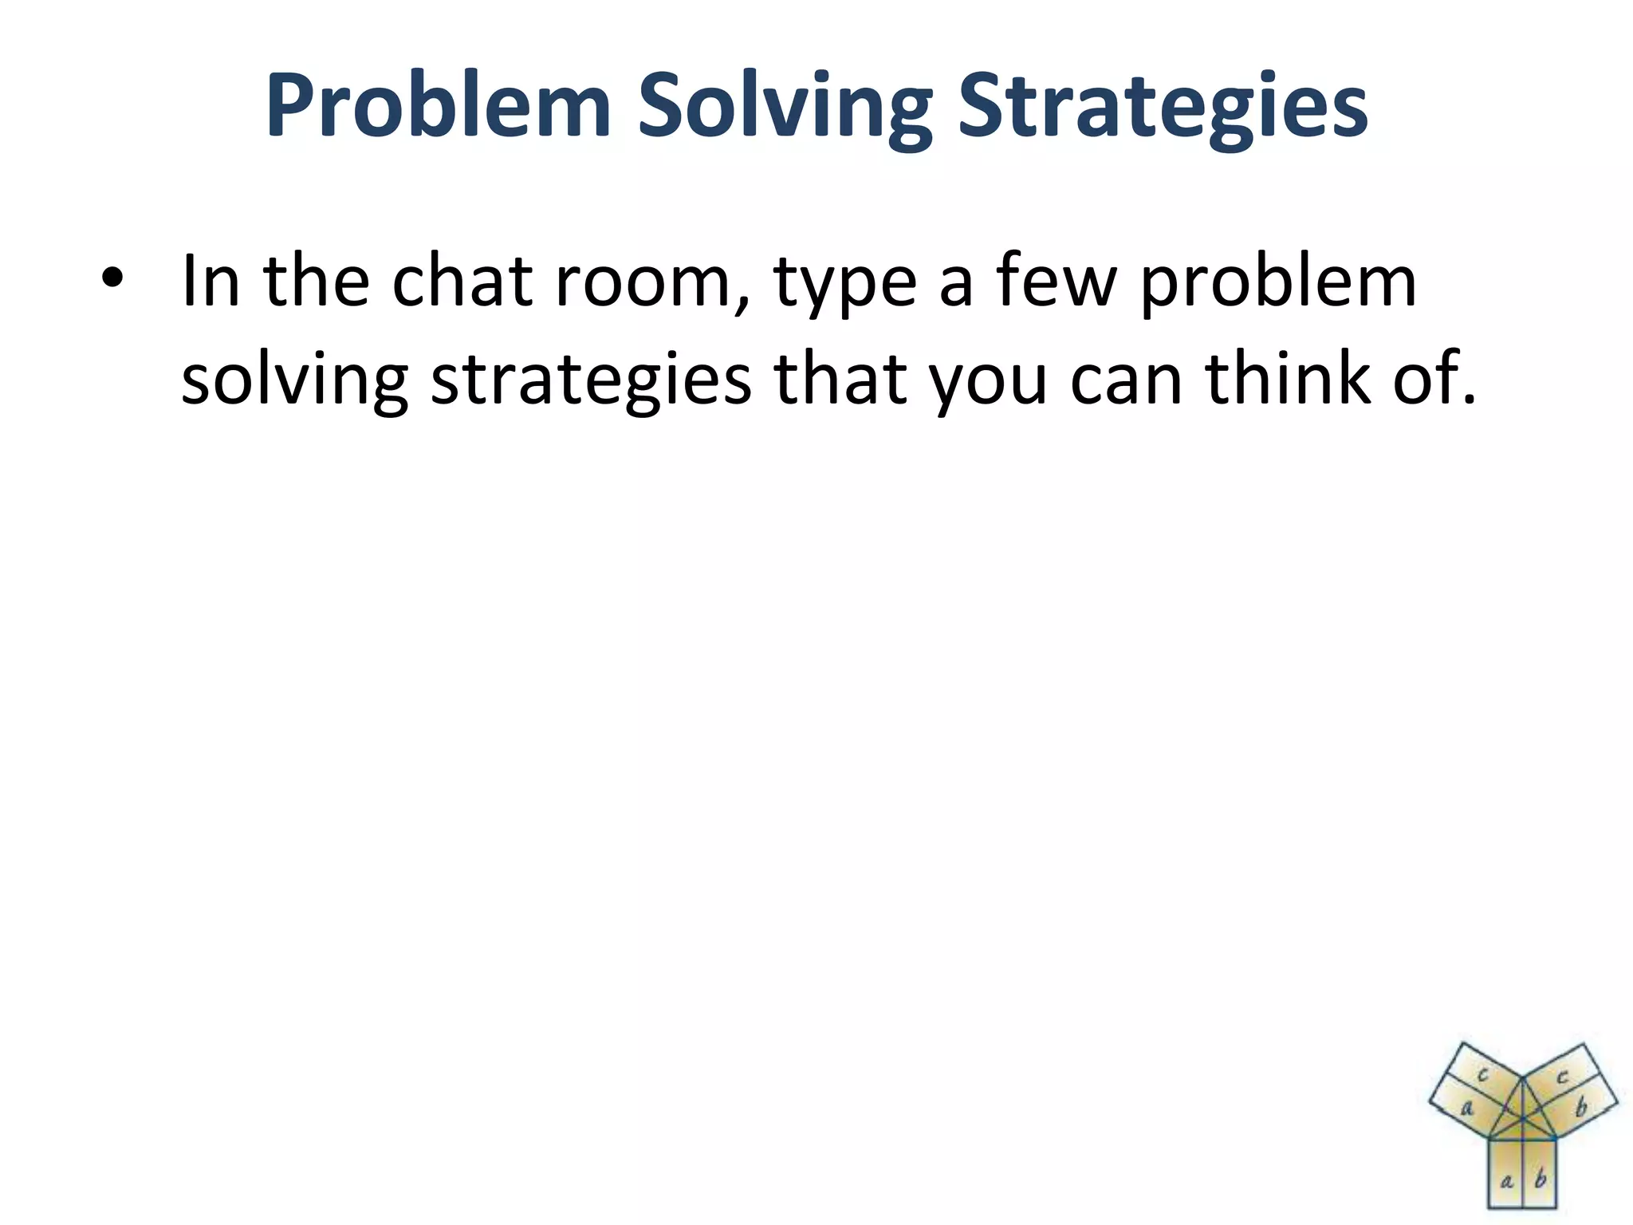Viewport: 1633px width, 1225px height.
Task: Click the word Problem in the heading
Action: (438, 106)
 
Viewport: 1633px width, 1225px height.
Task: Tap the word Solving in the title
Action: (784, 106)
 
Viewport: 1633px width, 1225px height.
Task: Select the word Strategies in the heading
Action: (1163, 106)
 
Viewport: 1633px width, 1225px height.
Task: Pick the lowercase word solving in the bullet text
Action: (294, 380)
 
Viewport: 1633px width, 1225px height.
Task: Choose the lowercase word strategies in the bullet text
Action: (591, 380)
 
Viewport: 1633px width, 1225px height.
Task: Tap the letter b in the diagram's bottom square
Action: (1540, 1178)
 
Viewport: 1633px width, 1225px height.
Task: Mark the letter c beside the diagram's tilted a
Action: (1483, 1075)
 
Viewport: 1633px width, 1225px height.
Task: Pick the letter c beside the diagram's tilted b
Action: (1562, 1077)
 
